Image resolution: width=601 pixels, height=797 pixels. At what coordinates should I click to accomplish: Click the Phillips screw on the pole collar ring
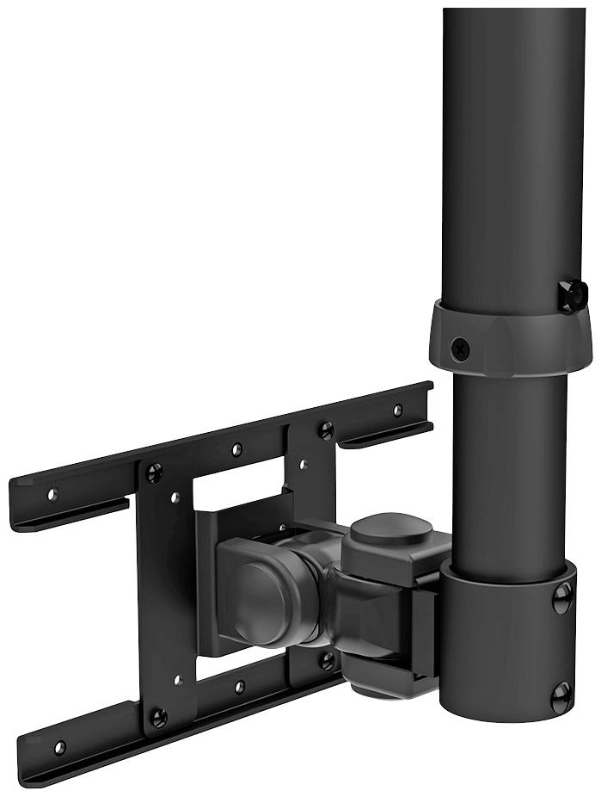[x=460, y=349]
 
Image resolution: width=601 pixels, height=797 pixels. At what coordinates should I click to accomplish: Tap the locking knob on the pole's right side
[x=572, y=294]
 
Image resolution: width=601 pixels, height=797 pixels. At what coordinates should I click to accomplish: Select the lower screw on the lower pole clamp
[x=561, y=696]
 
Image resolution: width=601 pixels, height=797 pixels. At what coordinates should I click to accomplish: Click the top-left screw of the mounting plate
[x=154, y=472]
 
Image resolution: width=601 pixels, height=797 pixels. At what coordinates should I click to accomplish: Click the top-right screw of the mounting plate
[x=325, y=429]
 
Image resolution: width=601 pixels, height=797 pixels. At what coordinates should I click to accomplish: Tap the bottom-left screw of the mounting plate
[x=157, y=716]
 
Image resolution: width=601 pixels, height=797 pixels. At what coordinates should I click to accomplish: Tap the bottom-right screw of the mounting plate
[x=327, y=660]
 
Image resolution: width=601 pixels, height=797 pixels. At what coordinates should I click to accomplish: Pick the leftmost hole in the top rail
[x=52, y=495]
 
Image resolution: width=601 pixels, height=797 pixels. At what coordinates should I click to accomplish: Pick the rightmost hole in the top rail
[x=397, y=411]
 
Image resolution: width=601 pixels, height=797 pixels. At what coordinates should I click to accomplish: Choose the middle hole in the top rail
[x=236, y=450]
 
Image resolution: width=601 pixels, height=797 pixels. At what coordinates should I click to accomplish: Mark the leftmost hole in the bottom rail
[x=59, y=746]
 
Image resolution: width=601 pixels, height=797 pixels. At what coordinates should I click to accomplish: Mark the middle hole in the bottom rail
[x=240, y=688]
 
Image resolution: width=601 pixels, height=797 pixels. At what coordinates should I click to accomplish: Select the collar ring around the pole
[x=499, y=340]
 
